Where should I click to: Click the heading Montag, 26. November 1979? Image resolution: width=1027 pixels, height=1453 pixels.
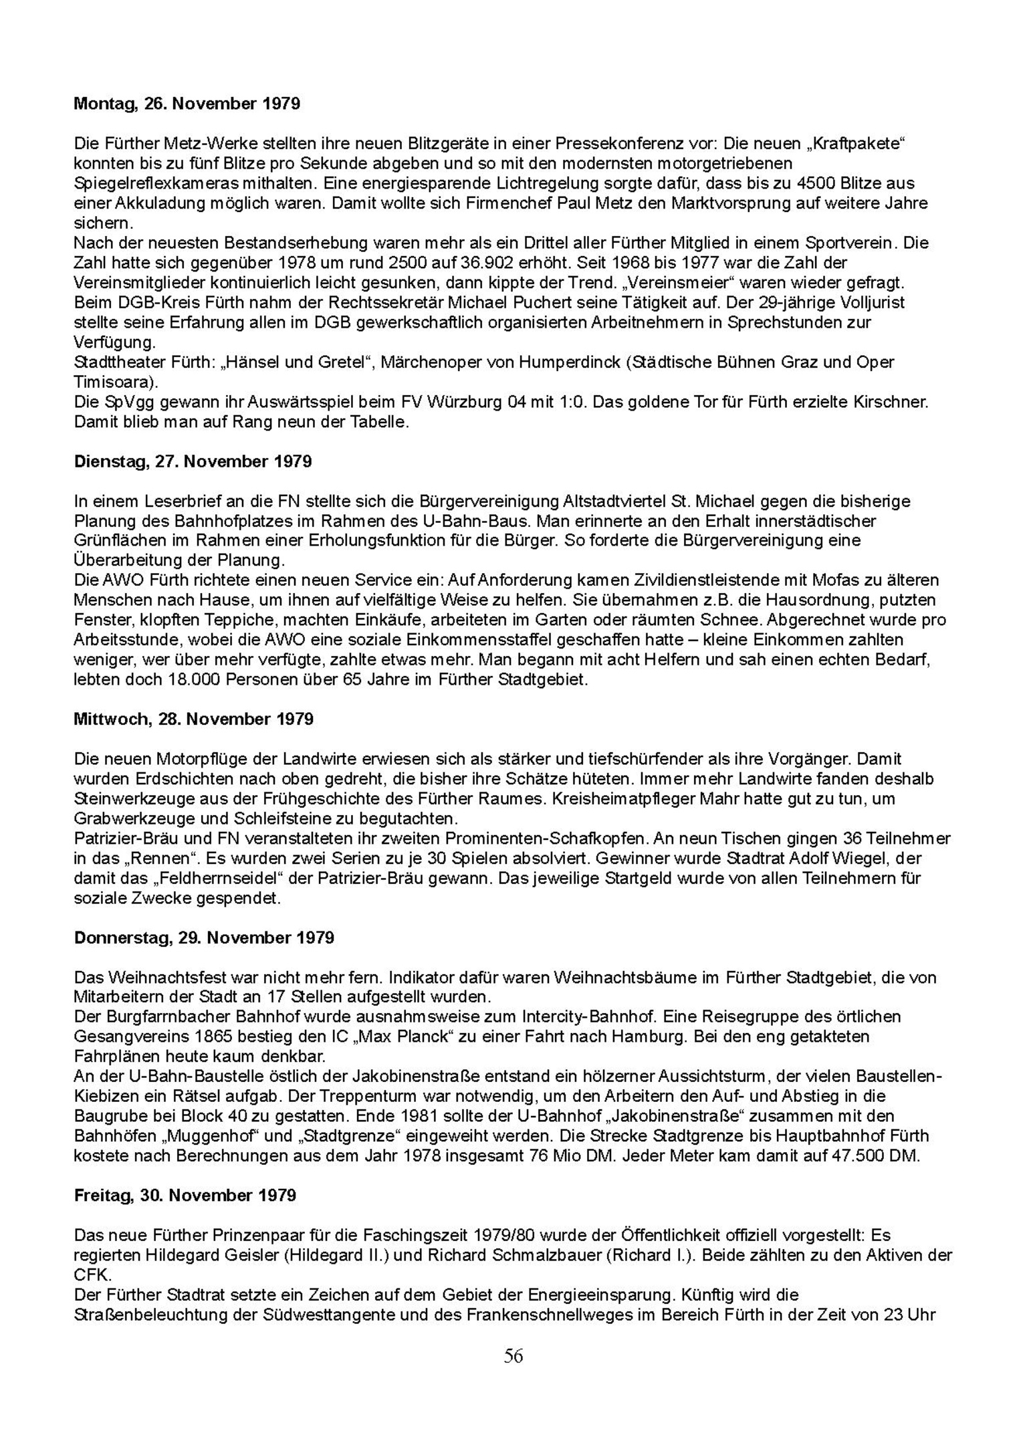coord(187,104)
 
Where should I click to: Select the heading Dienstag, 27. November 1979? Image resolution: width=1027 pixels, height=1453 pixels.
coord(193,461)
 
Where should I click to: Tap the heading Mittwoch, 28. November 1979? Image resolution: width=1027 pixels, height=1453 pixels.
coord(193,719)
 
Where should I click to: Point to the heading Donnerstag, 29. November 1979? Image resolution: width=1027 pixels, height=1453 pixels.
coord(204,938)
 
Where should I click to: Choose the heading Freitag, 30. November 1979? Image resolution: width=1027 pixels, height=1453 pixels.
coord(185,1196)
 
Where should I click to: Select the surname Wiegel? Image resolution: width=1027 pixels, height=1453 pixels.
coord(857,859)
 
